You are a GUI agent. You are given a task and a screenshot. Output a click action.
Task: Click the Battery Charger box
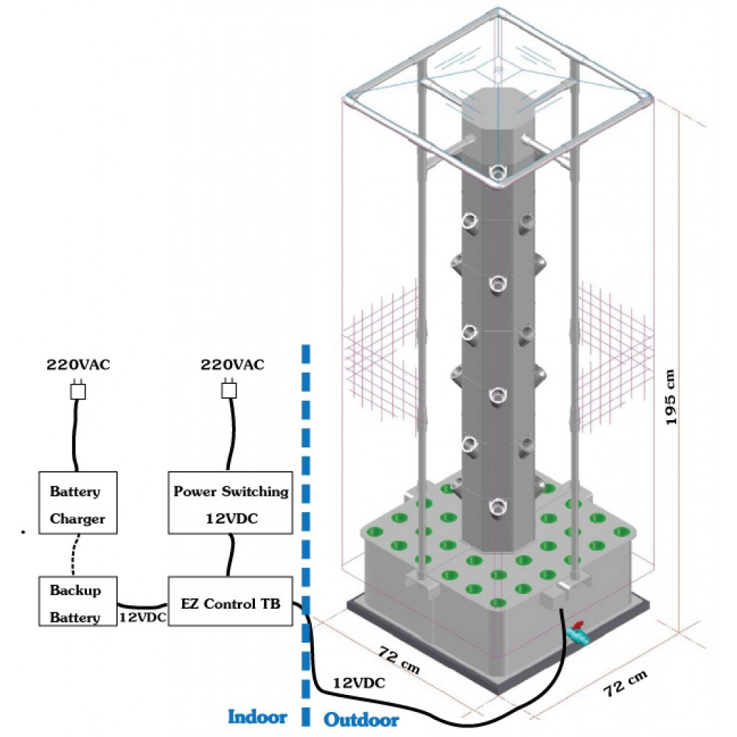77,503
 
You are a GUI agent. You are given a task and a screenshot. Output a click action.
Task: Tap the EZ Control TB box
230,604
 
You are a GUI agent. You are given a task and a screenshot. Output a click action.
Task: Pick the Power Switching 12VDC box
231,503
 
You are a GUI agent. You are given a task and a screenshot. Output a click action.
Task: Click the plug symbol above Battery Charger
77,391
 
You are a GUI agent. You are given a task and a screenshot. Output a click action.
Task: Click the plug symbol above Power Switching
231,390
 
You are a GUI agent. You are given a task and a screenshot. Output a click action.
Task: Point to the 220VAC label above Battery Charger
79,365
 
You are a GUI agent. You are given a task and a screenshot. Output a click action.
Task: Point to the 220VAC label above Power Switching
232,365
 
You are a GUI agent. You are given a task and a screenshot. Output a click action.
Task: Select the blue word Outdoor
361,719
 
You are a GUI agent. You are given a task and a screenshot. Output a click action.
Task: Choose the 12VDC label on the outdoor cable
359,682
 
